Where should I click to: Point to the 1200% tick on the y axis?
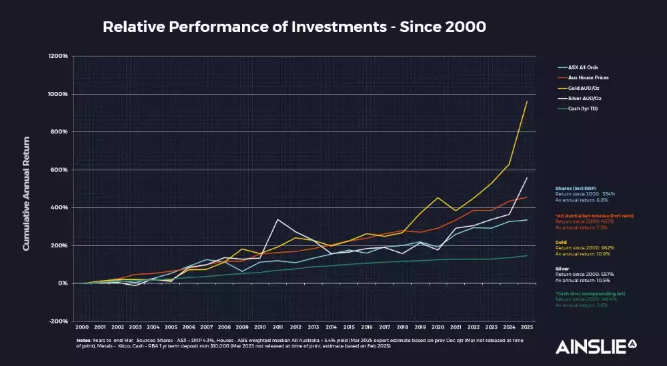(x=59, y=56)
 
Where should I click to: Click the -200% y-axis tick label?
(x=59, y=321)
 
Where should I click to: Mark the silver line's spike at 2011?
(x=278, y=219)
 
